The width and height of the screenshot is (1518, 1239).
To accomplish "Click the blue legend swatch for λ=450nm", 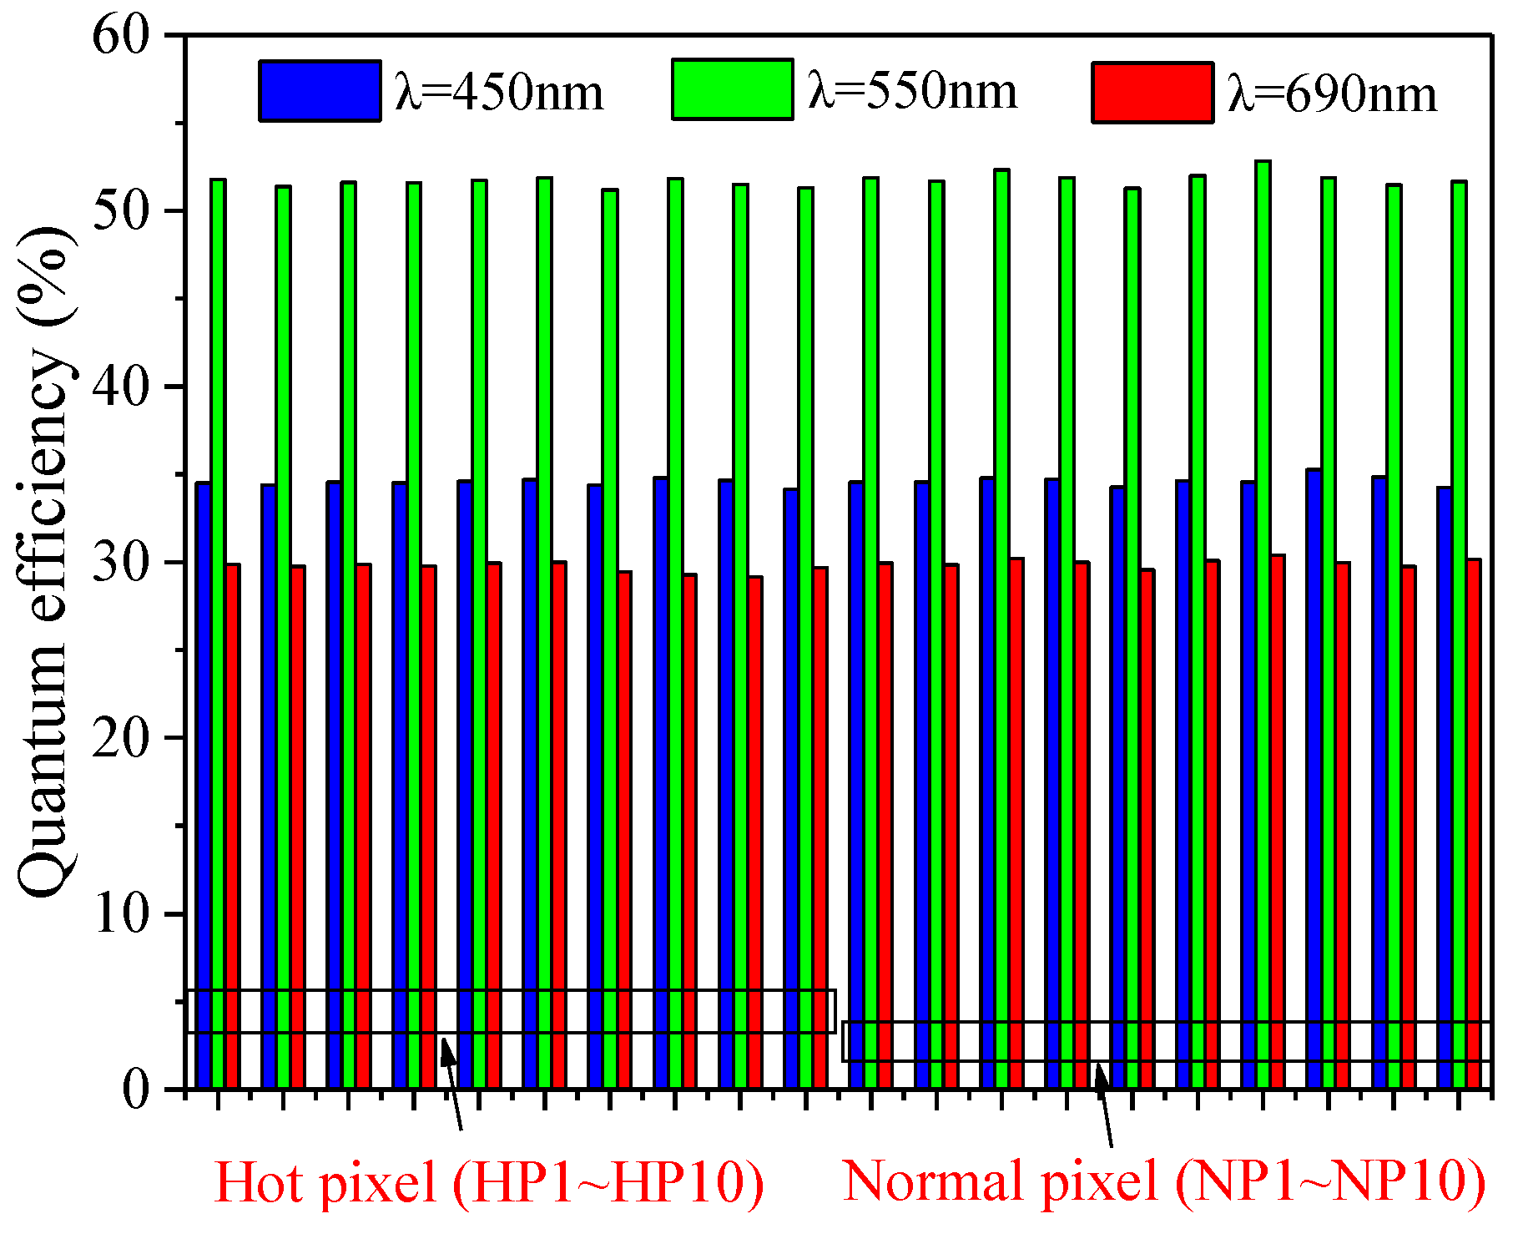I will click(320, 91).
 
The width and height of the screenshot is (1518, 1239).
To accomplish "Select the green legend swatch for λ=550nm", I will click(732, 89).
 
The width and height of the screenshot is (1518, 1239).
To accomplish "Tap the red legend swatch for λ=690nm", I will click(1152, 93).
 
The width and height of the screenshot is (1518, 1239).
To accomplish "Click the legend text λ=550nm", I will click(912, 91).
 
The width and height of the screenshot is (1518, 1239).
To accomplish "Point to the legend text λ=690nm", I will click(1333, 94).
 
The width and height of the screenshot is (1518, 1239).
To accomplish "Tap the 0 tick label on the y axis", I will click(135, 1090).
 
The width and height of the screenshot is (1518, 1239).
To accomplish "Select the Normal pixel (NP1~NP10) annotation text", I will click(1163, 1181).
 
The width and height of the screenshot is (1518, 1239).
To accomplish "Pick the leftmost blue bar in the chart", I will click(203, 785).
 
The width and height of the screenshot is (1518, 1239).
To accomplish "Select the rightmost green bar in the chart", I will click(1459, 635).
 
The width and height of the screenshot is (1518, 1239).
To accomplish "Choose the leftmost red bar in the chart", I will click(233, 827).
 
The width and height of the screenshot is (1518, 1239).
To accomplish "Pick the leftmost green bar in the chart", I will click(218, 635).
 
